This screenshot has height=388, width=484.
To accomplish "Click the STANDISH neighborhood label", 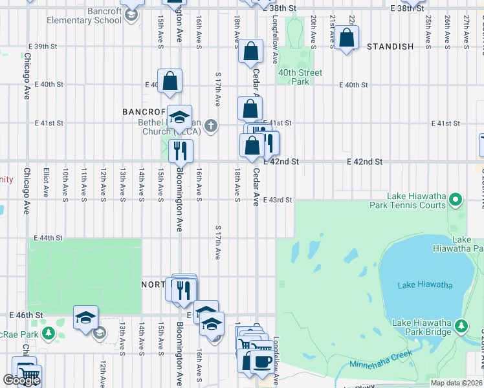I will click(x=390, y=47).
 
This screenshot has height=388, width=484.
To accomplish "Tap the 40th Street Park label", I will click(x=300, y=77).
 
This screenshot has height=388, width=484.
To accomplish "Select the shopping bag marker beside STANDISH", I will click(x=347, y=39).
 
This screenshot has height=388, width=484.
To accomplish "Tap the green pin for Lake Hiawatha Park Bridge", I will click(x=461, y=325).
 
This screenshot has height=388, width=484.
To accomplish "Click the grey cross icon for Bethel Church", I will click(x=211, y=126).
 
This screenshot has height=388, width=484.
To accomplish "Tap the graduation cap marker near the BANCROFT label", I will click(x=179, y=118).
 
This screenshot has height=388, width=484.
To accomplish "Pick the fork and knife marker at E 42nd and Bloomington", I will click(x=181, y=151).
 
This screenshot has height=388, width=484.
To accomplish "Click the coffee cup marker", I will click(x=261, y=361).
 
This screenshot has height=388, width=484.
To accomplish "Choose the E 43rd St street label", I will click(x=278, y=200).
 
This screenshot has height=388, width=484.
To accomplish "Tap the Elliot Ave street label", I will click(x=46, y=183).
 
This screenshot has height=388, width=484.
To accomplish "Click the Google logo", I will click(x=21, y=380).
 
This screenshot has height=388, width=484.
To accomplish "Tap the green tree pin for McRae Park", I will click(x=48, y=333).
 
